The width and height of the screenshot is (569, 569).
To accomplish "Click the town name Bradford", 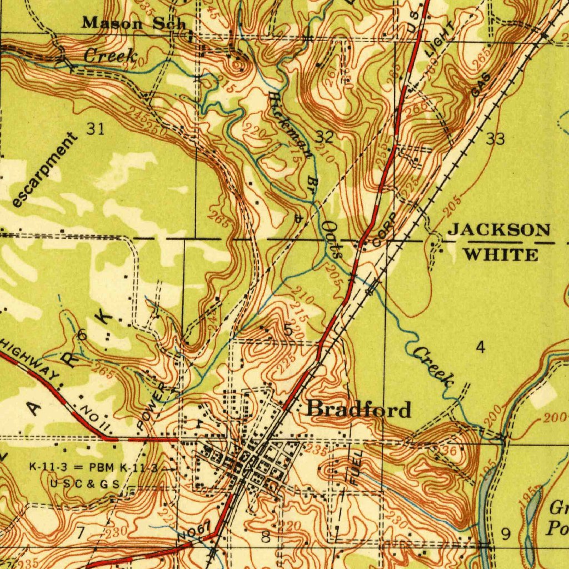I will (360, 410).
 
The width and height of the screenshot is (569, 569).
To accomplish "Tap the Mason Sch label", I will (133, 23).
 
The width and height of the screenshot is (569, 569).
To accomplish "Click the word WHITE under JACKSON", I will (501, 255).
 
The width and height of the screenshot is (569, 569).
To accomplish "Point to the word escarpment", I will (46, 171).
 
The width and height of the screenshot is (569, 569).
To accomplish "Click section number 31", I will (95, 129).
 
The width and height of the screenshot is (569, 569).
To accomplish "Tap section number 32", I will (325, 136).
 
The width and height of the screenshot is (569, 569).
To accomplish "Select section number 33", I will (495, 139).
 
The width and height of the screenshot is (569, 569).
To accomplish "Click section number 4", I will (481, 348).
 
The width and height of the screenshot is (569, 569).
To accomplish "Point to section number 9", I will (506, 535).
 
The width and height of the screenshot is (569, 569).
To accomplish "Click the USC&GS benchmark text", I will (85, 484).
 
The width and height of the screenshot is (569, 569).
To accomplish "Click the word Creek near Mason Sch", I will (111, 56).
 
